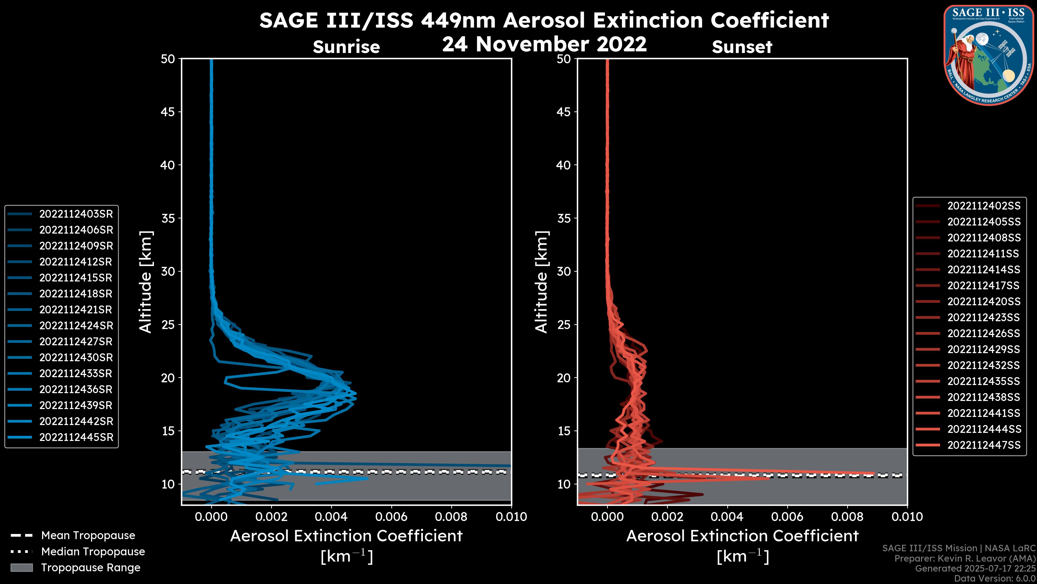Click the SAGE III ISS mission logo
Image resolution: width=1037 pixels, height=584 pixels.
coord(989,55)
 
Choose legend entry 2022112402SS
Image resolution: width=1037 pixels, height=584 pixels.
coord(984,206)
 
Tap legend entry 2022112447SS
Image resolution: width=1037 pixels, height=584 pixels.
coord(984,445)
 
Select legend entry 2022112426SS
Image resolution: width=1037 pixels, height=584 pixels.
coord(984,334)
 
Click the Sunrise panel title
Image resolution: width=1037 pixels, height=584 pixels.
coord(346,47)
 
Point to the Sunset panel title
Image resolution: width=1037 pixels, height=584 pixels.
coord(742,47)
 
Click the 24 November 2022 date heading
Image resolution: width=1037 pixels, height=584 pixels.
coord(544,44)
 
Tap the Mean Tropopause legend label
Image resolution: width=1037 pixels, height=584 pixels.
coord(88,536)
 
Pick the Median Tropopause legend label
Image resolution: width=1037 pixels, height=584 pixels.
coord(93,552)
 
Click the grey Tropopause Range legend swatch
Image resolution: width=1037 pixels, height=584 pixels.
coord(21,568)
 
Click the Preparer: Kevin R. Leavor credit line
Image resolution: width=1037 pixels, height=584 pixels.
coord(965,559)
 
